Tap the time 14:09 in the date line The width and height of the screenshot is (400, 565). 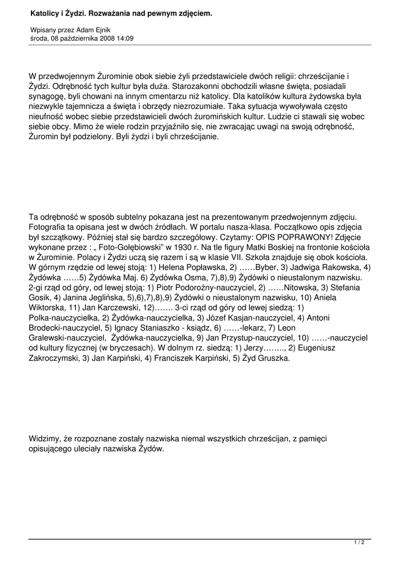tap(125, 39)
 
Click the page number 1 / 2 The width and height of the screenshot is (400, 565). tap(359, 543)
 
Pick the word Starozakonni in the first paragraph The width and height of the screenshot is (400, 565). tap(196, 87)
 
